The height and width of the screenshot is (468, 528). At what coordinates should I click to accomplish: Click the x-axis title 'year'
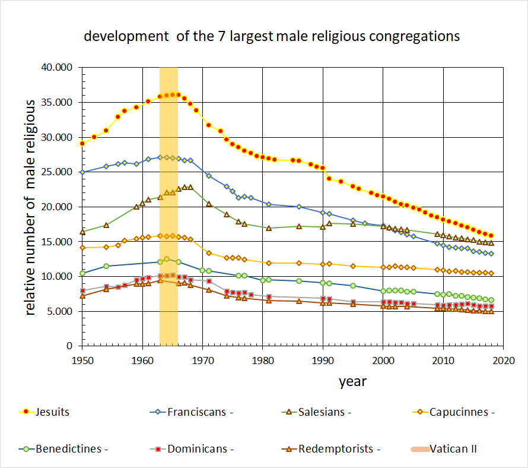[352, 381]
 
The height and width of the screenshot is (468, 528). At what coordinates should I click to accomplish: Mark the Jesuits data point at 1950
[82, 143]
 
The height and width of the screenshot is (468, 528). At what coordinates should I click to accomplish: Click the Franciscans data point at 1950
[82, 172]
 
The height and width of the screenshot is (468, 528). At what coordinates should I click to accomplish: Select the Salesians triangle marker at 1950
[82, 231]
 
